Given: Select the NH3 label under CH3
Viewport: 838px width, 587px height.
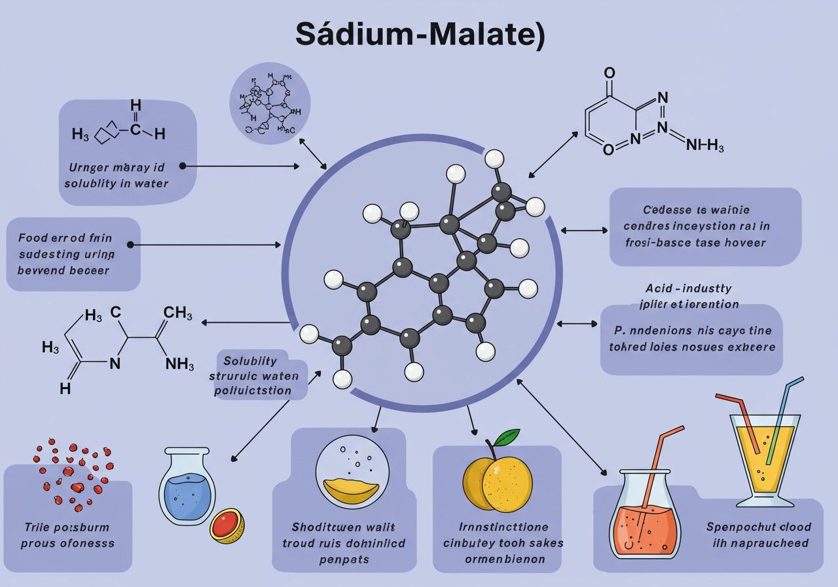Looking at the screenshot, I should click(179, 363).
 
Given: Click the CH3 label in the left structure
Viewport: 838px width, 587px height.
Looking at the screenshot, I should click(177, 313).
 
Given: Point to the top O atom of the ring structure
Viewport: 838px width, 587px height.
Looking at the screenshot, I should click(610, 73).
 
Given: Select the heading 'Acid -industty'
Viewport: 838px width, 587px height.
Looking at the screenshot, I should click(688, 288).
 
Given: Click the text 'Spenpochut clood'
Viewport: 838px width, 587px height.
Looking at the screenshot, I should click(759, 527).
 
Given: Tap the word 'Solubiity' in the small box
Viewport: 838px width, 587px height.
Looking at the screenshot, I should click(250, 361).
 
